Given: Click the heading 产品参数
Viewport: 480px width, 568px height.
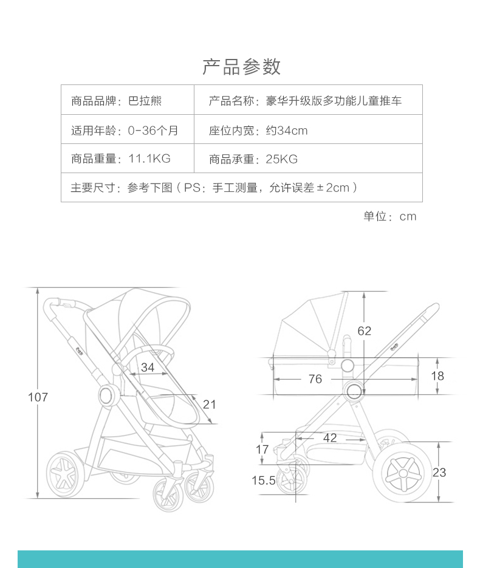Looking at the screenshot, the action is click(x=241, y=66).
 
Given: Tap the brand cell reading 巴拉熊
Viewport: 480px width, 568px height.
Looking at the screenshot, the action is click(x=145, y=101).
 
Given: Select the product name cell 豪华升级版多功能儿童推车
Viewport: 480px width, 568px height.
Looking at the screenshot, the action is click(x=334, y=101).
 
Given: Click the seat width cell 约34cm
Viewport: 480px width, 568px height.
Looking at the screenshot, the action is click(x=287, y=130).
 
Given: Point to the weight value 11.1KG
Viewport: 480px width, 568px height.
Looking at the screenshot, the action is click(x=149, y=159).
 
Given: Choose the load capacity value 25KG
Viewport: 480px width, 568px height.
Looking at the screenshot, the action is click(x=281, y=159).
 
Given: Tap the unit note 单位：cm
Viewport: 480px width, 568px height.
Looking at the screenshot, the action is click(x=390, y=217).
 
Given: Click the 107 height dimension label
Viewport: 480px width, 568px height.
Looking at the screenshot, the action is click(x=38, y=397).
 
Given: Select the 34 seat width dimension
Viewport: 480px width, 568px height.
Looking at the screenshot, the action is click(x=148, y=367).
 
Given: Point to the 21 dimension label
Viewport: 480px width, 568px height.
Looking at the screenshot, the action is click(x=209, y=404).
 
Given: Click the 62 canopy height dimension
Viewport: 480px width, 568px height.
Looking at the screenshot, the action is click(x=364, y=331).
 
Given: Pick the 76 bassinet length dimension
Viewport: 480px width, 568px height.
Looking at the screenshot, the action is click(x=315, y=379).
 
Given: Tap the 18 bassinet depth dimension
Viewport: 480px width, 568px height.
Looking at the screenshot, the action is click(x=437, y=376).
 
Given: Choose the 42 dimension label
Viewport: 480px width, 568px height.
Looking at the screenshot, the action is click(x=330, y=437).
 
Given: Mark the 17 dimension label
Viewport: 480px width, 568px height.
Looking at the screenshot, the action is click(x=262, y=450).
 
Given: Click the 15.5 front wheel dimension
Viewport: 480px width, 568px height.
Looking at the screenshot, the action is click(x=264, y=481).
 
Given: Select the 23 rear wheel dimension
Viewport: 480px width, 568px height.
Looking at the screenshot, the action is click(x=439, y=472).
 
